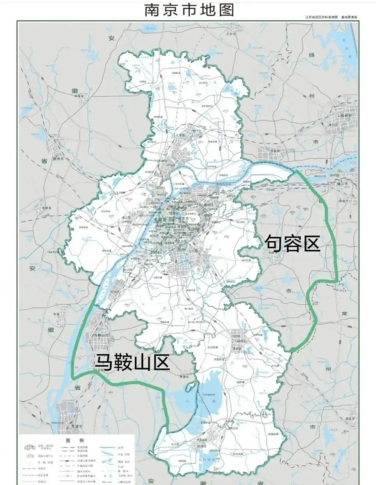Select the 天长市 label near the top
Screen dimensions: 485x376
(x=231, y=34)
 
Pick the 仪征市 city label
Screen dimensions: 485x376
(x=273, y=150)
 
